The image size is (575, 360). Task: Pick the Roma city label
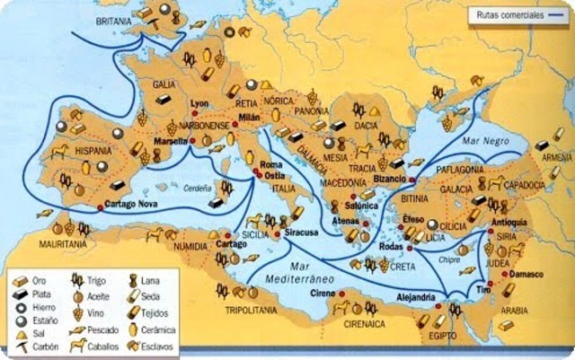(270, 165)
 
